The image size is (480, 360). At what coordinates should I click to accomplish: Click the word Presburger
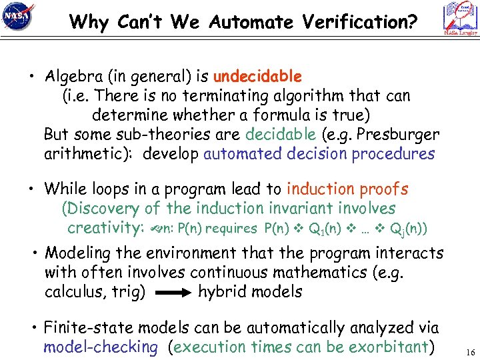pos(399,134)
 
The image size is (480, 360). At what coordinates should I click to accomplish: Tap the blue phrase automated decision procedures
pos(319,153)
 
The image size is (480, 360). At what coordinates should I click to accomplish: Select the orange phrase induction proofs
pos(347,190)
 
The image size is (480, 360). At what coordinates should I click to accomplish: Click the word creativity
pos(102,228)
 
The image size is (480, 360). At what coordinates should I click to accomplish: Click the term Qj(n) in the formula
pos(409,229)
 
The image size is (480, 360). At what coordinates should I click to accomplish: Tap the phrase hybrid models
pos(250,292)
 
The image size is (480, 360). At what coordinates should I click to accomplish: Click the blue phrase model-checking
pos(101,347)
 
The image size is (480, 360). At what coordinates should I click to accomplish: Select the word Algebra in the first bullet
pos(69,77)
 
